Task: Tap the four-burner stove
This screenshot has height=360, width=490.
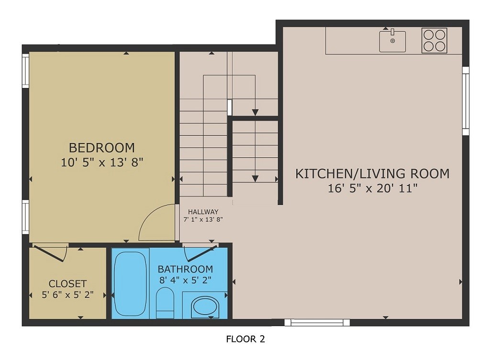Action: point(434,40)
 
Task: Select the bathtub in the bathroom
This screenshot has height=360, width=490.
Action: point(131,284)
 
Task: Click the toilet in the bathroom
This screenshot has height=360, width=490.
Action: point(166,302)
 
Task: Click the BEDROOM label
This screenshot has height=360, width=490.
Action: point(102,147)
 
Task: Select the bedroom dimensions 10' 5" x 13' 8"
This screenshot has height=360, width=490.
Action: point(102,163)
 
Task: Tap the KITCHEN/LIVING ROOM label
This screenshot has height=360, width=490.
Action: point(372,173)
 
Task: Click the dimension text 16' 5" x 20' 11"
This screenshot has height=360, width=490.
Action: point(373,188)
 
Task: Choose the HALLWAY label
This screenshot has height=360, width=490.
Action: point(203,212)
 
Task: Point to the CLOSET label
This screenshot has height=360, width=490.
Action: point(67,284)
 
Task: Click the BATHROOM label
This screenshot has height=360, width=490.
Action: point(185,269)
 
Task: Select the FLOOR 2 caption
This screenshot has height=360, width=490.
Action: point(245,339)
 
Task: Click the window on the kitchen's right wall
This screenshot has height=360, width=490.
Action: point(465,101)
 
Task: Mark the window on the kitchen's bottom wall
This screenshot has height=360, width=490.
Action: point(317,323)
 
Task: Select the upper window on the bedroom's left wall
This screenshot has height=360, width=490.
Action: point(26,71)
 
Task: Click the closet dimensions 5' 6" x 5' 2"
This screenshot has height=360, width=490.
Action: point(67,295)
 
